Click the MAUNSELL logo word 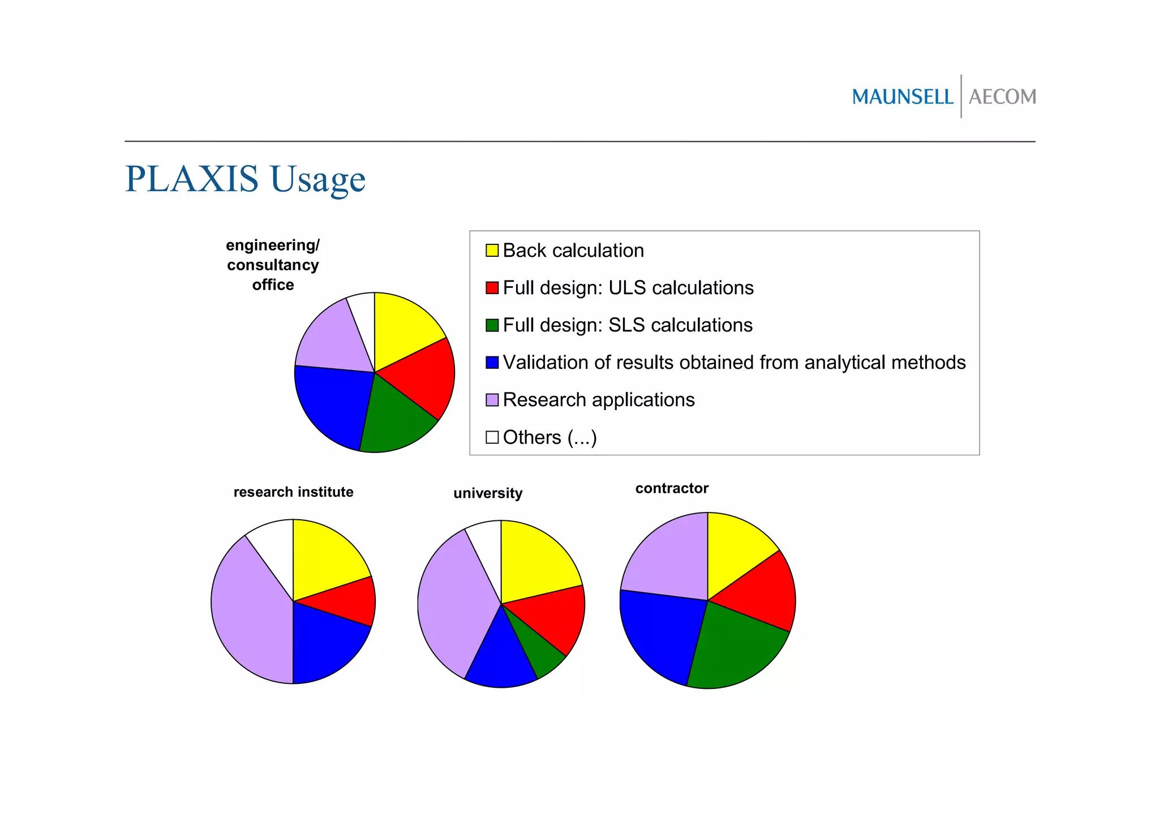(902, 97)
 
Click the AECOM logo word (1002, 97)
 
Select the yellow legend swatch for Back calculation (492, 251)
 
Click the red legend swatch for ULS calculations (492, 288)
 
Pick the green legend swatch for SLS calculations (492, 325)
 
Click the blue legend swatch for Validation (492, 363)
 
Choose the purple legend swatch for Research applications (492, 400)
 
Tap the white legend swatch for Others (492, 437)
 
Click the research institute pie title (293, 492)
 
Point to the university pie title (488, 493)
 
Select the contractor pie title (672, 489)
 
